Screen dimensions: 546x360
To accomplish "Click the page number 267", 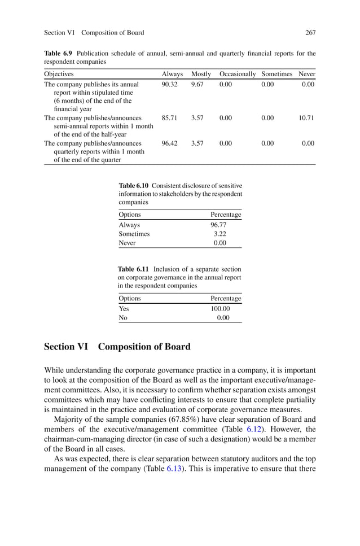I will pos(310,33).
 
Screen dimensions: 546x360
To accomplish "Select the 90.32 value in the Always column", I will pos(169,84).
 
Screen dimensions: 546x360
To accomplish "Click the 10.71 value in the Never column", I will pos(306,118).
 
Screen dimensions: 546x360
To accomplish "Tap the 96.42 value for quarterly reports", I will pos(169,143).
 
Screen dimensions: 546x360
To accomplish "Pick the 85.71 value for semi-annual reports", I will pos(169,118).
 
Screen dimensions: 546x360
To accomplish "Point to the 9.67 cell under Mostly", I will pos(197,84).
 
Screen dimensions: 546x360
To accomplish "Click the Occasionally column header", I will pos(237,74).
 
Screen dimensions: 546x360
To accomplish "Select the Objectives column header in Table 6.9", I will pos(59,74).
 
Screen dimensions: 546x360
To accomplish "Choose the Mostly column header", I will pos(201,74).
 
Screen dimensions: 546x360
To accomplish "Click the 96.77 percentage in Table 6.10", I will pos(218,225).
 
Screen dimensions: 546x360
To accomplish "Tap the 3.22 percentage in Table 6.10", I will pos(220,234).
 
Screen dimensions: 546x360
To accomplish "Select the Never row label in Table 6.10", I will pos(127,243).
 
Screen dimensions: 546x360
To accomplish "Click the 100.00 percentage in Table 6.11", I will pos(219,309).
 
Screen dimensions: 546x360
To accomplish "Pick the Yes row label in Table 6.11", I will pos(124,309).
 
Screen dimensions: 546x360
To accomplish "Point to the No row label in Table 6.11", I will pos(123,318).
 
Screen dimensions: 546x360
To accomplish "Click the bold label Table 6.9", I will pos(59,54).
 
